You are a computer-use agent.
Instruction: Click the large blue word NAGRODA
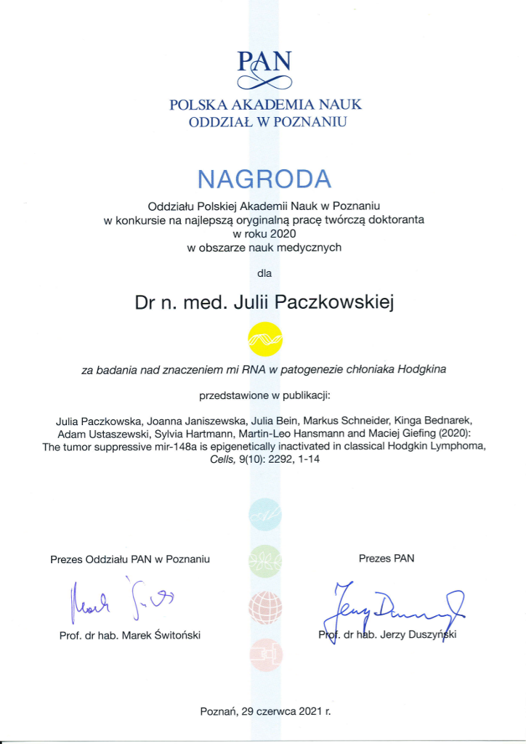264,178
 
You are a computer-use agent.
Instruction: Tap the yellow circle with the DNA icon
264,336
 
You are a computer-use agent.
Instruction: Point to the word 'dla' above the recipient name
264,274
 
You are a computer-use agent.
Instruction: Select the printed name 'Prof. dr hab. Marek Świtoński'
129,635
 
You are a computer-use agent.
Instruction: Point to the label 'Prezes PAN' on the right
386,558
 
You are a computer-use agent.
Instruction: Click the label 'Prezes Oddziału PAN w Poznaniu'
130,559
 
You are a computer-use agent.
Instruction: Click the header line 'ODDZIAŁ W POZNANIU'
264,122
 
